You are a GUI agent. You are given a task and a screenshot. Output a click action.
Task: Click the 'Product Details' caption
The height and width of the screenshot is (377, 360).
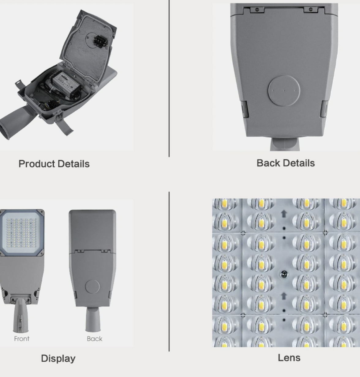click(x=54, y=164)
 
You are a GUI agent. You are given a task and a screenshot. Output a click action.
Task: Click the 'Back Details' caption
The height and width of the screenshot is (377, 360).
click(x=286, y=163)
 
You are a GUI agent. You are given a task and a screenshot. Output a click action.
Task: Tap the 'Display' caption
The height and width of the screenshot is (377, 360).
click(x=58, y=358)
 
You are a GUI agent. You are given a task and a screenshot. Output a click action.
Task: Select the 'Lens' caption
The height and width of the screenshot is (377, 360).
click(x=289, y=358)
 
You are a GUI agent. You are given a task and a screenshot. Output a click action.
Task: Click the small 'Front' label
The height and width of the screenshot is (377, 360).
click(x=22, y=339)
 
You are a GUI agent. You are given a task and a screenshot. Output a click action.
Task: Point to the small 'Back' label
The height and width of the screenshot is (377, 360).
click(x=95, y=339)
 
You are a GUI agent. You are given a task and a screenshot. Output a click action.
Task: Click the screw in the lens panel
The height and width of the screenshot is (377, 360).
click(x=284, y=274)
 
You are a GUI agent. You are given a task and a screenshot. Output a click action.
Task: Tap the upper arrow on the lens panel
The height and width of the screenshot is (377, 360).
click(x=284, y=214)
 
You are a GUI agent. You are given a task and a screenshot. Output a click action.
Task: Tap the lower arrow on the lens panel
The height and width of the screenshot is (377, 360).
click(x=284, y=296)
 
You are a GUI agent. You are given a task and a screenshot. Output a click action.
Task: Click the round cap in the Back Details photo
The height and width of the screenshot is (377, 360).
click(x=284, y=91)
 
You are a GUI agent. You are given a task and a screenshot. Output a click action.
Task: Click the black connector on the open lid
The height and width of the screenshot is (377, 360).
click(x=99, y=41)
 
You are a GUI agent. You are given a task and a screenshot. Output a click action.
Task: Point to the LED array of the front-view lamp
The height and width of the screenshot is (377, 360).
click(x=21, y=233)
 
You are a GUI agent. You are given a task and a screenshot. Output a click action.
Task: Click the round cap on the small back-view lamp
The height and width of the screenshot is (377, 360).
click(x=92, y=287)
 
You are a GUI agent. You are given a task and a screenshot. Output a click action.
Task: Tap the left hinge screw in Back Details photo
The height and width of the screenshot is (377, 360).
click(x=257, y=10)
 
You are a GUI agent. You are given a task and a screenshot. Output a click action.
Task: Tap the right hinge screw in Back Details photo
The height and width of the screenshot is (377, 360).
click(x=311, y=9)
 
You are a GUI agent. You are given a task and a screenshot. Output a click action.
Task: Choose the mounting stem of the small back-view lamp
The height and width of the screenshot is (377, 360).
click(x=93, y=320)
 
